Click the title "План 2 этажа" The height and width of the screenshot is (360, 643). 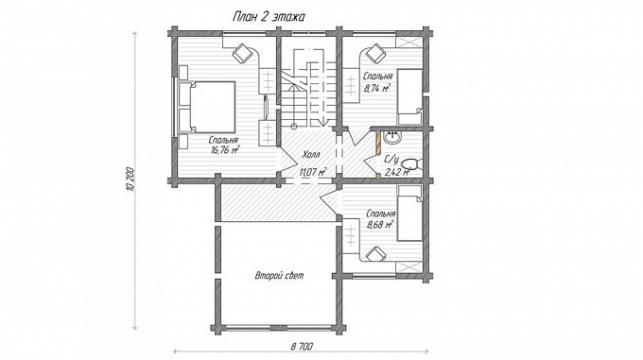pyautogui.click(x=269, y=17)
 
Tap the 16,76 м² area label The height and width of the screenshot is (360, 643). pyautogui.click(x=226, y=150)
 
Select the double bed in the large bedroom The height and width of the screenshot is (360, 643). pyautogui.click(x=206, y=108)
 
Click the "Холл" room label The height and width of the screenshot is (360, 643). pyautogui.click(x=311, y=155)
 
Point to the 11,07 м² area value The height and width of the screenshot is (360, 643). pyautogui.click(x=313, y=172)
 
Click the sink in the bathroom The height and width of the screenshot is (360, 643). pyautogui.click(x=392, y=138)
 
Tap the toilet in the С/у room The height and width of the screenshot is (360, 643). pyautogui.click(x=410, y=163)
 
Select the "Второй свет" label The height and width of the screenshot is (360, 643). pyautogui.click(x=280, y=275)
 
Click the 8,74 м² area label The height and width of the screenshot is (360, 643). pyautogui.click(x=377, y=87)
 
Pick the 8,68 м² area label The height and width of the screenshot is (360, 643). pyautogui.click(x=380, y=224)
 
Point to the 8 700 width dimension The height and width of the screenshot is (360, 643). pyautogui.click(x=302, y=347)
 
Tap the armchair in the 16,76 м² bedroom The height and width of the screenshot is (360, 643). pyautogui.click(x=242, y=53)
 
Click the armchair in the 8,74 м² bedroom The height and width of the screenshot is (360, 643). pyautogui.click(x=375, y=53)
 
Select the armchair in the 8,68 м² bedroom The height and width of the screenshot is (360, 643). pyautogui.click(x=375, y=253)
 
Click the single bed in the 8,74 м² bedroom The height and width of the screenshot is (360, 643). pyautogui.click(x=410, y=97)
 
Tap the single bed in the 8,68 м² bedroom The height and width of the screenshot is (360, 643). pyautogui.click(x=409, y=213)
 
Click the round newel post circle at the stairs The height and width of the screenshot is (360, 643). pyautogui.click(x=294, y=126)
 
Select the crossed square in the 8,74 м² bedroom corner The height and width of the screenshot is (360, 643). pyautogui.click(x=408, y=42)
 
